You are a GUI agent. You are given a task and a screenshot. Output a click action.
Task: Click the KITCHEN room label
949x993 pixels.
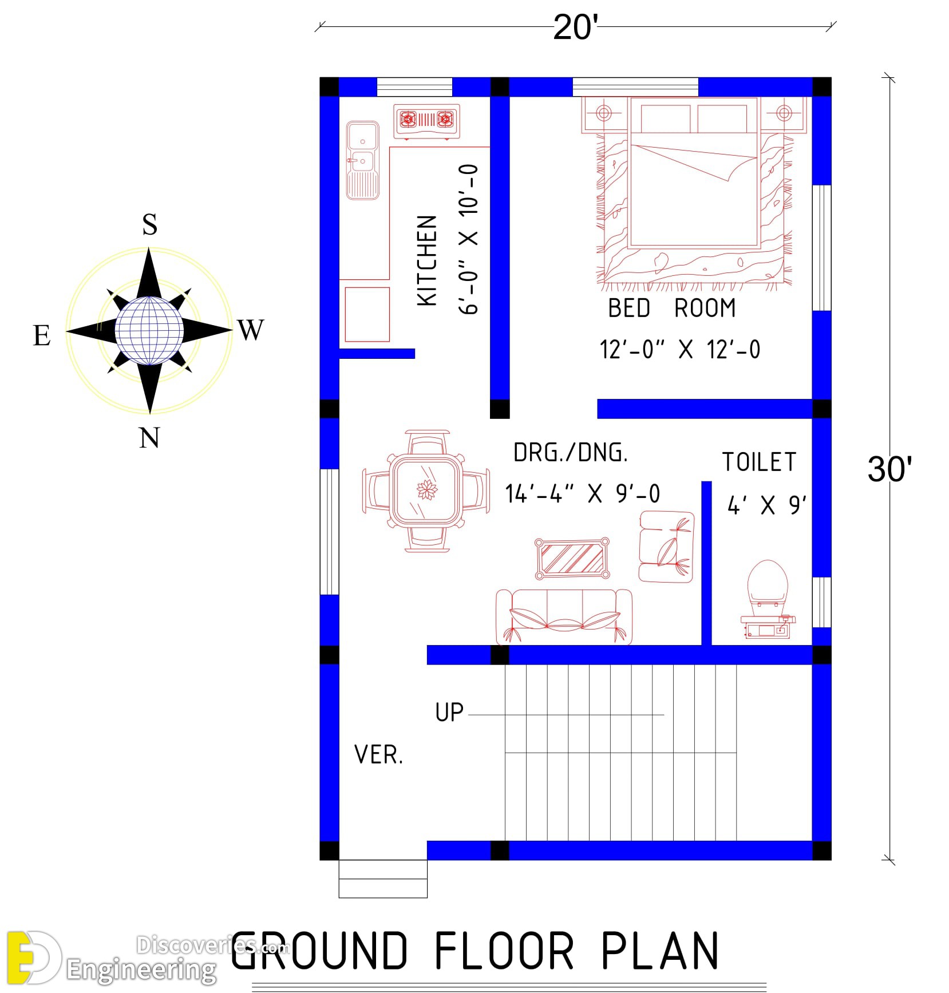click(x=428, y=260)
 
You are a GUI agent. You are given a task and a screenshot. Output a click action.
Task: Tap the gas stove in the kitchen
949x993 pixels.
click(x=426, y=121)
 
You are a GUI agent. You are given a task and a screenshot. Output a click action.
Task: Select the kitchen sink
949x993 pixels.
click(x=362, y=160)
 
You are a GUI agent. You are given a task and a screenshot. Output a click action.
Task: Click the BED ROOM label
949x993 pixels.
click(x=671, y=308)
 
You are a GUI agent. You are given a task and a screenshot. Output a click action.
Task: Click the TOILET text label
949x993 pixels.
click(x=759, y=462)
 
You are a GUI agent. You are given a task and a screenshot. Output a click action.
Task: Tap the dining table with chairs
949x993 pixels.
click(x=426, y=491)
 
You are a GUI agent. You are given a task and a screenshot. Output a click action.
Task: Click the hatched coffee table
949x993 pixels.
click(x=572, y=558)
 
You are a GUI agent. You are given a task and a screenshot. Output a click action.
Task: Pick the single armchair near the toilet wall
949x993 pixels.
click(x=666, y=547)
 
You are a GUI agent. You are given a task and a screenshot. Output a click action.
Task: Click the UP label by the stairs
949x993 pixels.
click(x=449, y=713)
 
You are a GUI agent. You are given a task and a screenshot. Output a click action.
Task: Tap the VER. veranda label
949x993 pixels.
click(x=378, y=755)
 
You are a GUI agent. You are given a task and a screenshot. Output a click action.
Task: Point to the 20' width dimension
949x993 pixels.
click(x=575, y=27)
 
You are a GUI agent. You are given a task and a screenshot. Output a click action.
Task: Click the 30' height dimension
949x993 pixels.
click(x=889, y=469)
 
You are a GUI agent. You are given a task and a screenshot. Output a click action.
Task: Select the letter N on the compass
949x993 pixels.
click(x=149, y=438)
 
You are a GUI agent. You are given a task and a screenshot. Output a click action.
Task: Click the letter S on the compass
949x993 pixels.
click(x=149, y=224)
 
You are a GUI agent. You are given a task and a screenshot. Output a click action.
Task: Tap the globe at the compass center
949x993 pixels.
click(x=149, y=330)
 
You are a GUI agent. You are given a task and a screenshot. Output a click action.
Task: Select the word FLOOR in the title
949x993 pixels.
click(x=504, y=951)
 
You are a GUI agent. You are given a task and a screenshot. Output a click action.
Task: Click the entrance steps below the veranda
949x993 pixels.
click(x=383, y=879)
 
